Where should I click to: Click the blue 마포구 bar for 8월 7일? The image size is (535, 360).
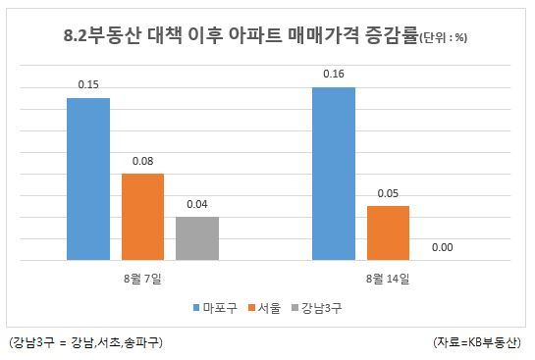(88, 179)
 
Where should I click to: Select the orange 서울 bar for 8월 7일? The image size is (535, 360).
(142, 217)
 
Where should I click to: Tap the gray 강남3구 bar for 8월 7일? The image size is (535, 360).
(197, 238)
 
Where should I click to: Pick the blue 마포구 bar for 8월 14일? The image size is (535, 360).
(334, 174)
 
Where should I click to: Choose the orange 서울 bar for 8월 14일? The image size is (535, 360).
(388, 232)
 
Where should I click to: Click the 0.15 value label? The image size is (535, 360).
(88, 84)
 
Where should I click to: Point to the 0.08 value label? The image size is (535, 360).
(142, 161)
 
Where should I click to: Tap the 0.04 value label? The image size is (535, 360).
(197, 204)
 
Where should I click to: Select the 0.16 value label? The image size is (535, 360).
(334, 74)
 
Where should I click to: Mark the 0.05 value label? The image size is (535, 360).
(388, 193)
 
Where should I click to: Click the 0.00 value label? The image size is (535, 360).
(442, 247)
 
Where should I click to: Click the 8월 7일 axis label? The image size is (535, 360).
(142, 279)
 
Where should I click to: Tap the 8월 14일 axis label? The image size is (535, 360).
(388, 279)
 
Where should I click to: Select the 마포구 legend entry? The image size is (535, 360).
(215, 308)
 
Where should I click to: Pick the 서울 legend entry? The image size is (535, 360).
(264, 308)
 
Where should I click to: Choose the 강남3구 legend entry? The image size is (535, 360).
(317, 308)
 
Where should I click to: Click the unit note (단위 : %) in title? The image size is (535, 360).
(443, 37)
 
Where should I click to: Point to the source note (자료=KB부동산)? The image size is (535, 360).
(477, 342)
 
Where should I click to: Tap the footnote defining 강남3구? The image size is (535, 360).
(86, 342)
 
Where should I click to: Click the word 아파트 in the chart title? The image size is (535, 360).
(255, 35)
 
